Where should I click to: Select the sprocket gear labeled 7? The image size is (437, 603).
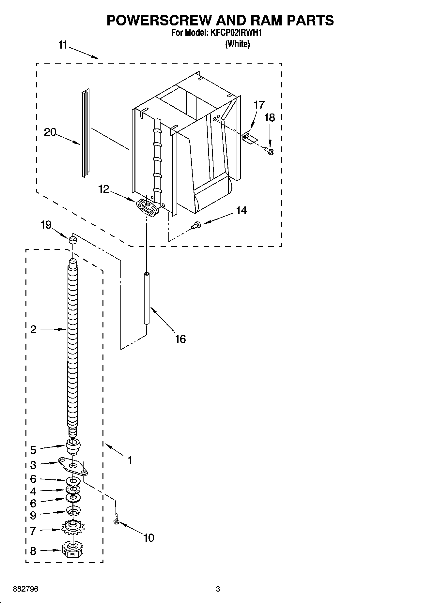73,528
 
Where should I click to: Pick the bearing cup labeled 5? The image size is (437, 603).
73,446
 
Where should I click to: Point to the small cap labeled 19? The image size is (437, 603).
72,241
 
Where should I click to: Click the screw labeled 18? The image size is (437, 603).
269,151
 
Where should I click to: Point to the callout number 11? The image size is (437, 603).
63,45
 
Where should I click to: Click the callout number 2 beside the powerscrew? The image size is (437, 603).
33,329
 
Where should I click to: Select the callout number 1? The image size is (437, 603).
130,460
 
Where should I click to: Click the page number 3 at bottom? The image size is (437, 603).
218,589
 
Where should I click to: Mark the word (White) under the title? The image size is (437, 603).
237,44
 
